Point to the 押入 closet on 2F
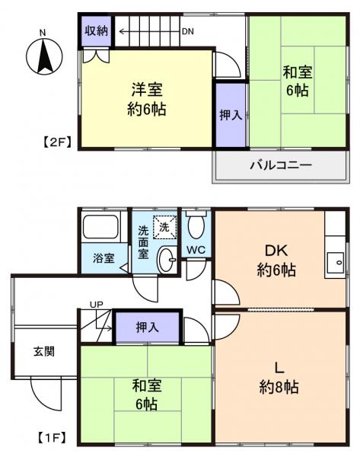coord(231,114)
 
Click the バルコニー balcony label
coord(280,165)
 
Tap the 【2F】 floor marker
coord(56,142)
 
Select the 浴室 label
coord(104,258)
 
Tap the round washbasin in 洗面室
coord(166,260)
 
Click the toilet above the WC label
coord(196,225)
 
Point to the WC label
coord(196,251)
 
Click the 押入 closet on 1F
coord(148,328)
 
